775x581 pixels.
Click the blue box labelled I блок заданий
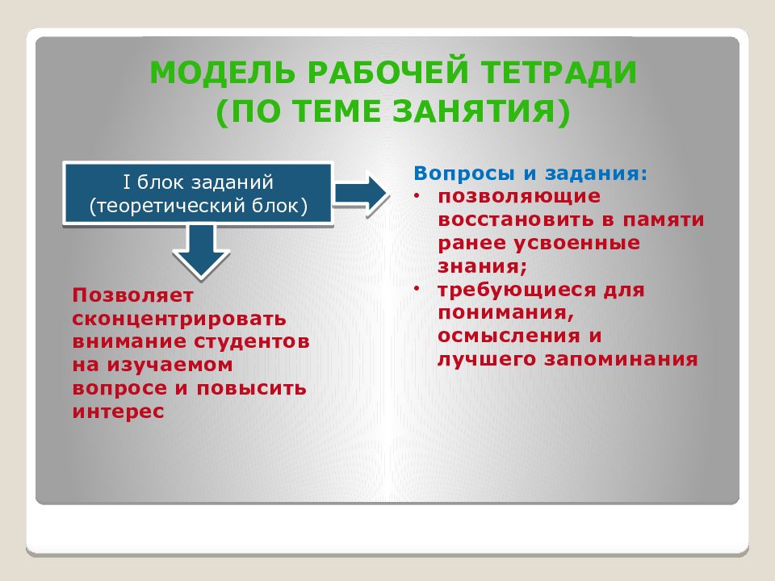(x=198, y=193)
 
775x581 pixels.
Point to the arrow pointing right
(x=362, y=193)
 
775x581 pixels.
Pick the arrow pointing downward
(x=201, y=251)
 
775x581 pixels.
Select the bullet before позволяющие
(x=417, y=197)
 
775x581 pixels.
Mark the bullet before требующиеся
(x=417, y=289)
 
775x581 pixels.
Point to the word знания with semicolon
(x=483, y=267)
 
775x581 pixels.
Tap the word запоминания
(x=622, y=359)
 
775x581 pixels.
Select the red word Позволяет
(x=132, y=295)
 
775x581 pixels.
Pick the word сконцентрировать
(x=179, y=320)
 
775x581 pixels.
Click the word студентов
(x=252, y=342)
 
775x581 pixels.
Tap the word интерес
(x=118, y=412)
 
